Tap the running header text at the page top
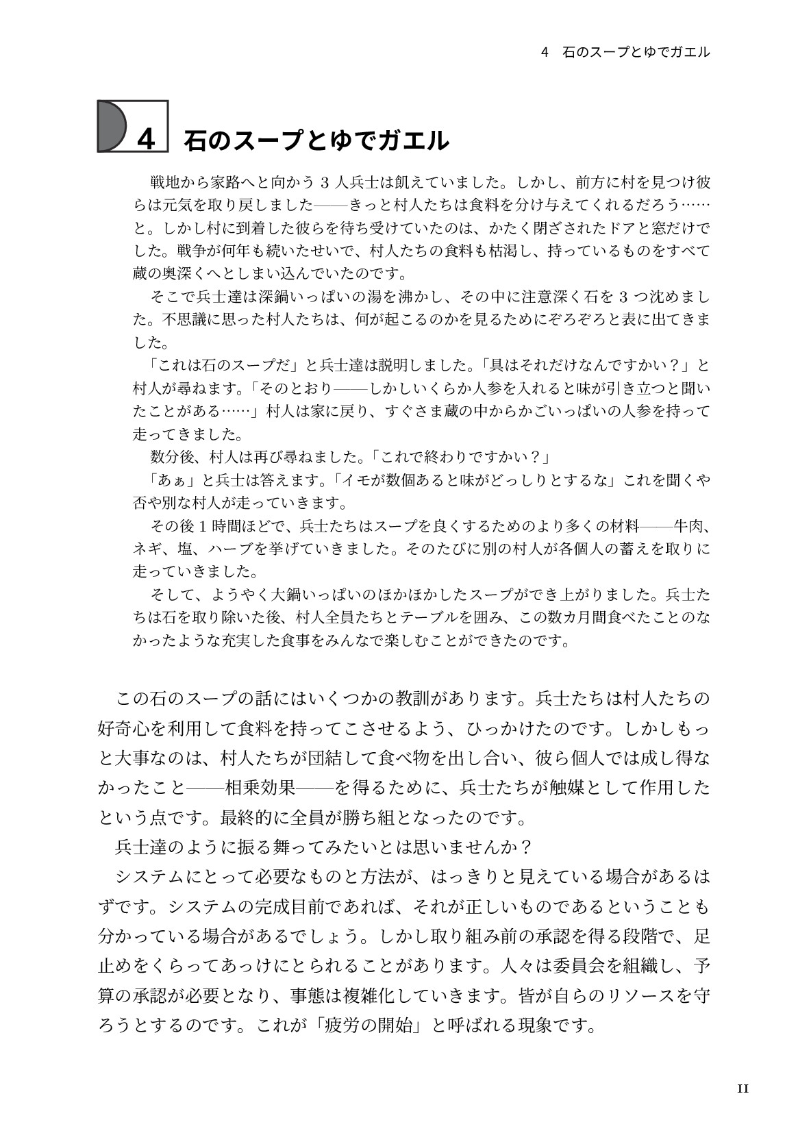[x=625, y=52]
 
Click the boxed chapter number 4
[x=147, y=139]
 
